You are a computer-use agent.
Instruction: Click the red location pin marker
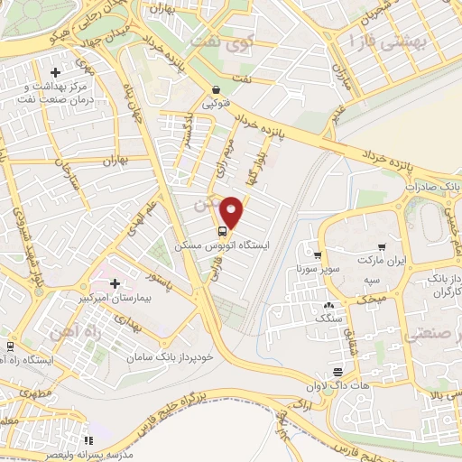[x=233, y=211]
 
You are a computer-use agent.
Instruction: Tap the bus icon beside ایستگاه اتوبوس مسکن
[x=223, y=229]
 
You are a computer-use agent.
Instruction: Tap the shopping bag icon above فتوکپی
[x=217, y=90]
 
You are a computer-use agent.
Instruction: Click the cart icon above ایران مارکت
[x=382, y=245]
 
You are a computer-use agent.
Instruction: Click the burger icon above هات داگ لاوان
[x=337, y=372]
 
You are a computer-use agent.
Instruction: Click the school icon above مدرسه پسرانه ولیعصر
[x=88, y=440]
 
